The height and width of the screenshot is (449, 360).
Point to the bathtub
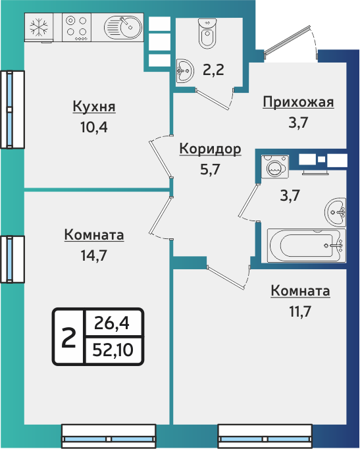[x=305, y=245]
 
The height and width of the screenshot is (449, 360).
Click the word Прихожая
[x=298, y=102]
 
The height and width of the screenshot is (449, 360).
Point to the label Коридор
[x=210, y=149]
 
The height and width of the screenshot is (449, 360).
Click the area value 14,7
[x=94, y=254]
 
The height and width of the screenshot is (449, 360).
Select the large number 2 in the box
[x=68, y=338]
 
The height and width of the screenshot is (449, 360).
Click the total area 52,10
[x=114, y=350]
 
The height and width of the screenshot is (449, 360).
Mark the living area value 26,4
[x=113, y=324]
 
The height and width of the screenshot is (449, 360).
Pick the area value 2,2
[x=213, y=69]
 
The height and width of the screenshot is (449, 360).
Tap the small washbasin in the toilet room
[x=184, y=68]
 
